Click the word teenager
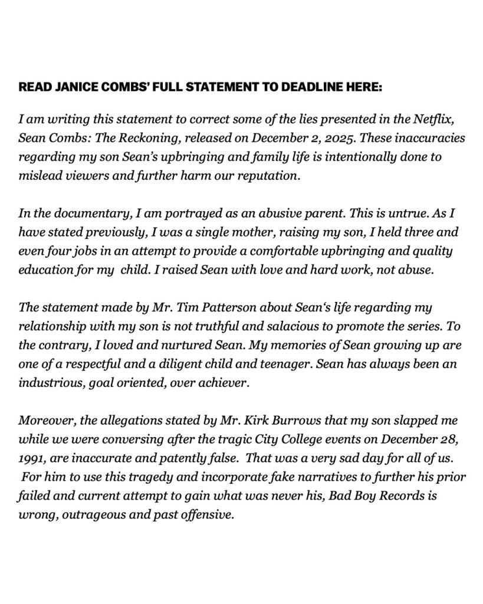click(x=277, y=365)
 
